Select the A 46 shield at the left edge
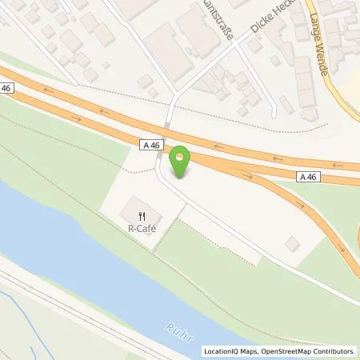pos(7,89)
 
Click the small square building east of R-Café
pos(290,242)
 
